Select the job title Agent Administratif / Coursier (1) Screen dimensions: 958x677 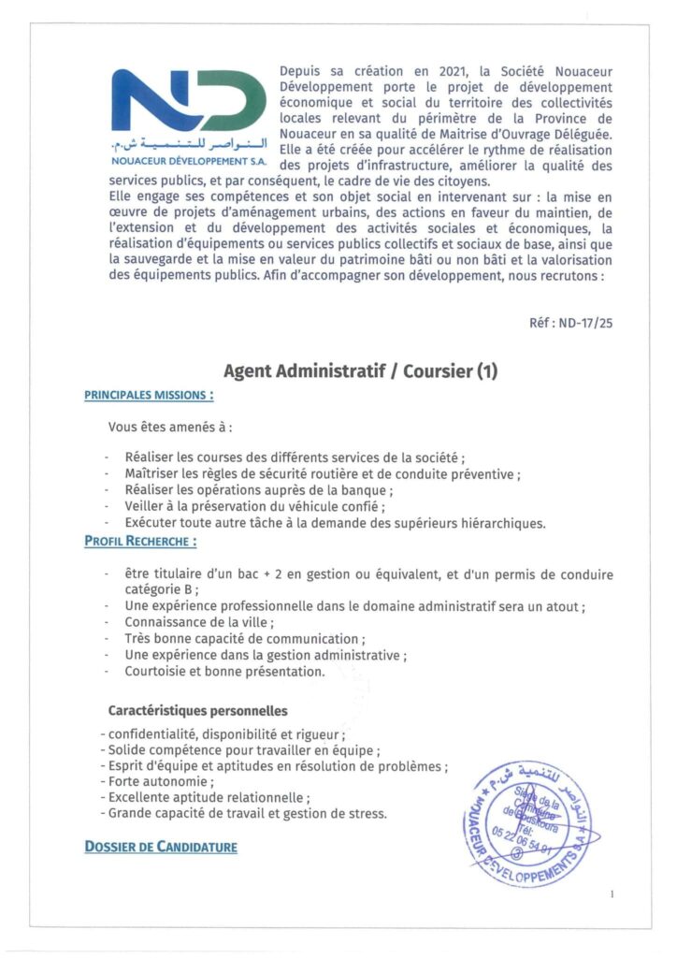pos(360,370)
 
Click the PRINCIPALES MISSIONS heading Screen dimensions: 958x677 pos(150,396)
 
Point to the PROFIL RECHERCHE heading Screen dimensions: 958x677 pos(140,541)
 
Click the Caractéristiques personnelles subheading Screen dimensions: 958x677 pos(197,711)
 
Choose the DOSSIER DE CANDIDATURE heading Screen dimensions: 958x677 pos(161,847)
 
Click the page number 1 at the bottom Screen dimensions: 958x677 pos(612,894)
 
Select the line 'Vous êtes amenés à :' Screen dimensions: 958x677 pos(169,428)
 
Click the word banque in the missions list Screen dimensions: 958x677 pos(370,491)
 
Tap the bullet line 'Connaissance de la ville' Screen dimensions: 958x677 pos(200,622)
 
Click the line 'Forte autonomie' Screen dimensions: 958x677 pos(161,781)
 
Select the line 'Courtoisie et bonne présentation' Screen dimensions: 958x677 pos(225,671)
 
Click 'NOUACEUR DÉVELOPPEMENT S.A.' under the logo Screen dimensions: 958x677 pos(188,162)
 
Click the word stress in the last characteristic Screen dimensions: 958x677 pos(367,813)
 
